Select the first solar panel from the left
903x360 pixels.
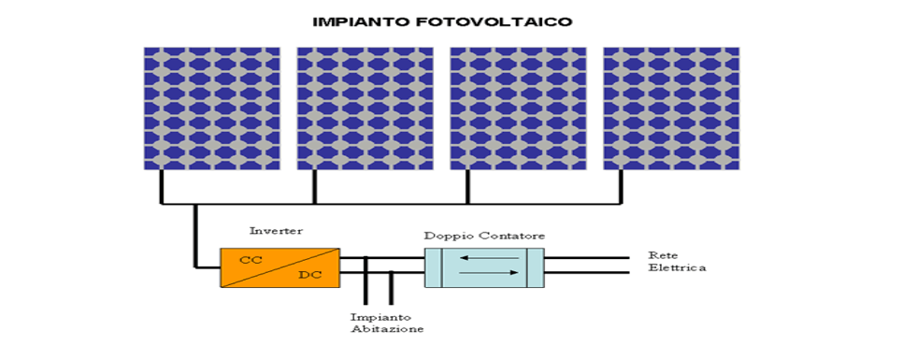point(212,108)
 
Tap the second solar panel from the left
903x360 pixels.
point(365,108)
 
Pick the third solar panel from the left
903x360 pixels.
point(519,108)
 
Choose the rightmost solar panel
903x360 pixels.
point(671,108)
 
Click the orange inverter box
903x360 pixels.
point(279,267)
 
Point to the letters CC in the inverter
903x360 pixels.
point(251,259)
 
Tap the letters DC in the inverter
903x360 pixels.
point(309,275)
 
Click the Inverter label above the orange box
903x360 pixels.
point(276,231)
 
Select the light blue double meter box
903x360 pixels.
point(484,267)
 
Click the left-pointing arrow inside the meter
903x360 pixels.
point(484,258)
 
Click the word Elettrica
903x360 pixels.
point(677,268)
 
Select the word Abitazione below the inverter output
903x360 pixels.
point(387,330)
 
